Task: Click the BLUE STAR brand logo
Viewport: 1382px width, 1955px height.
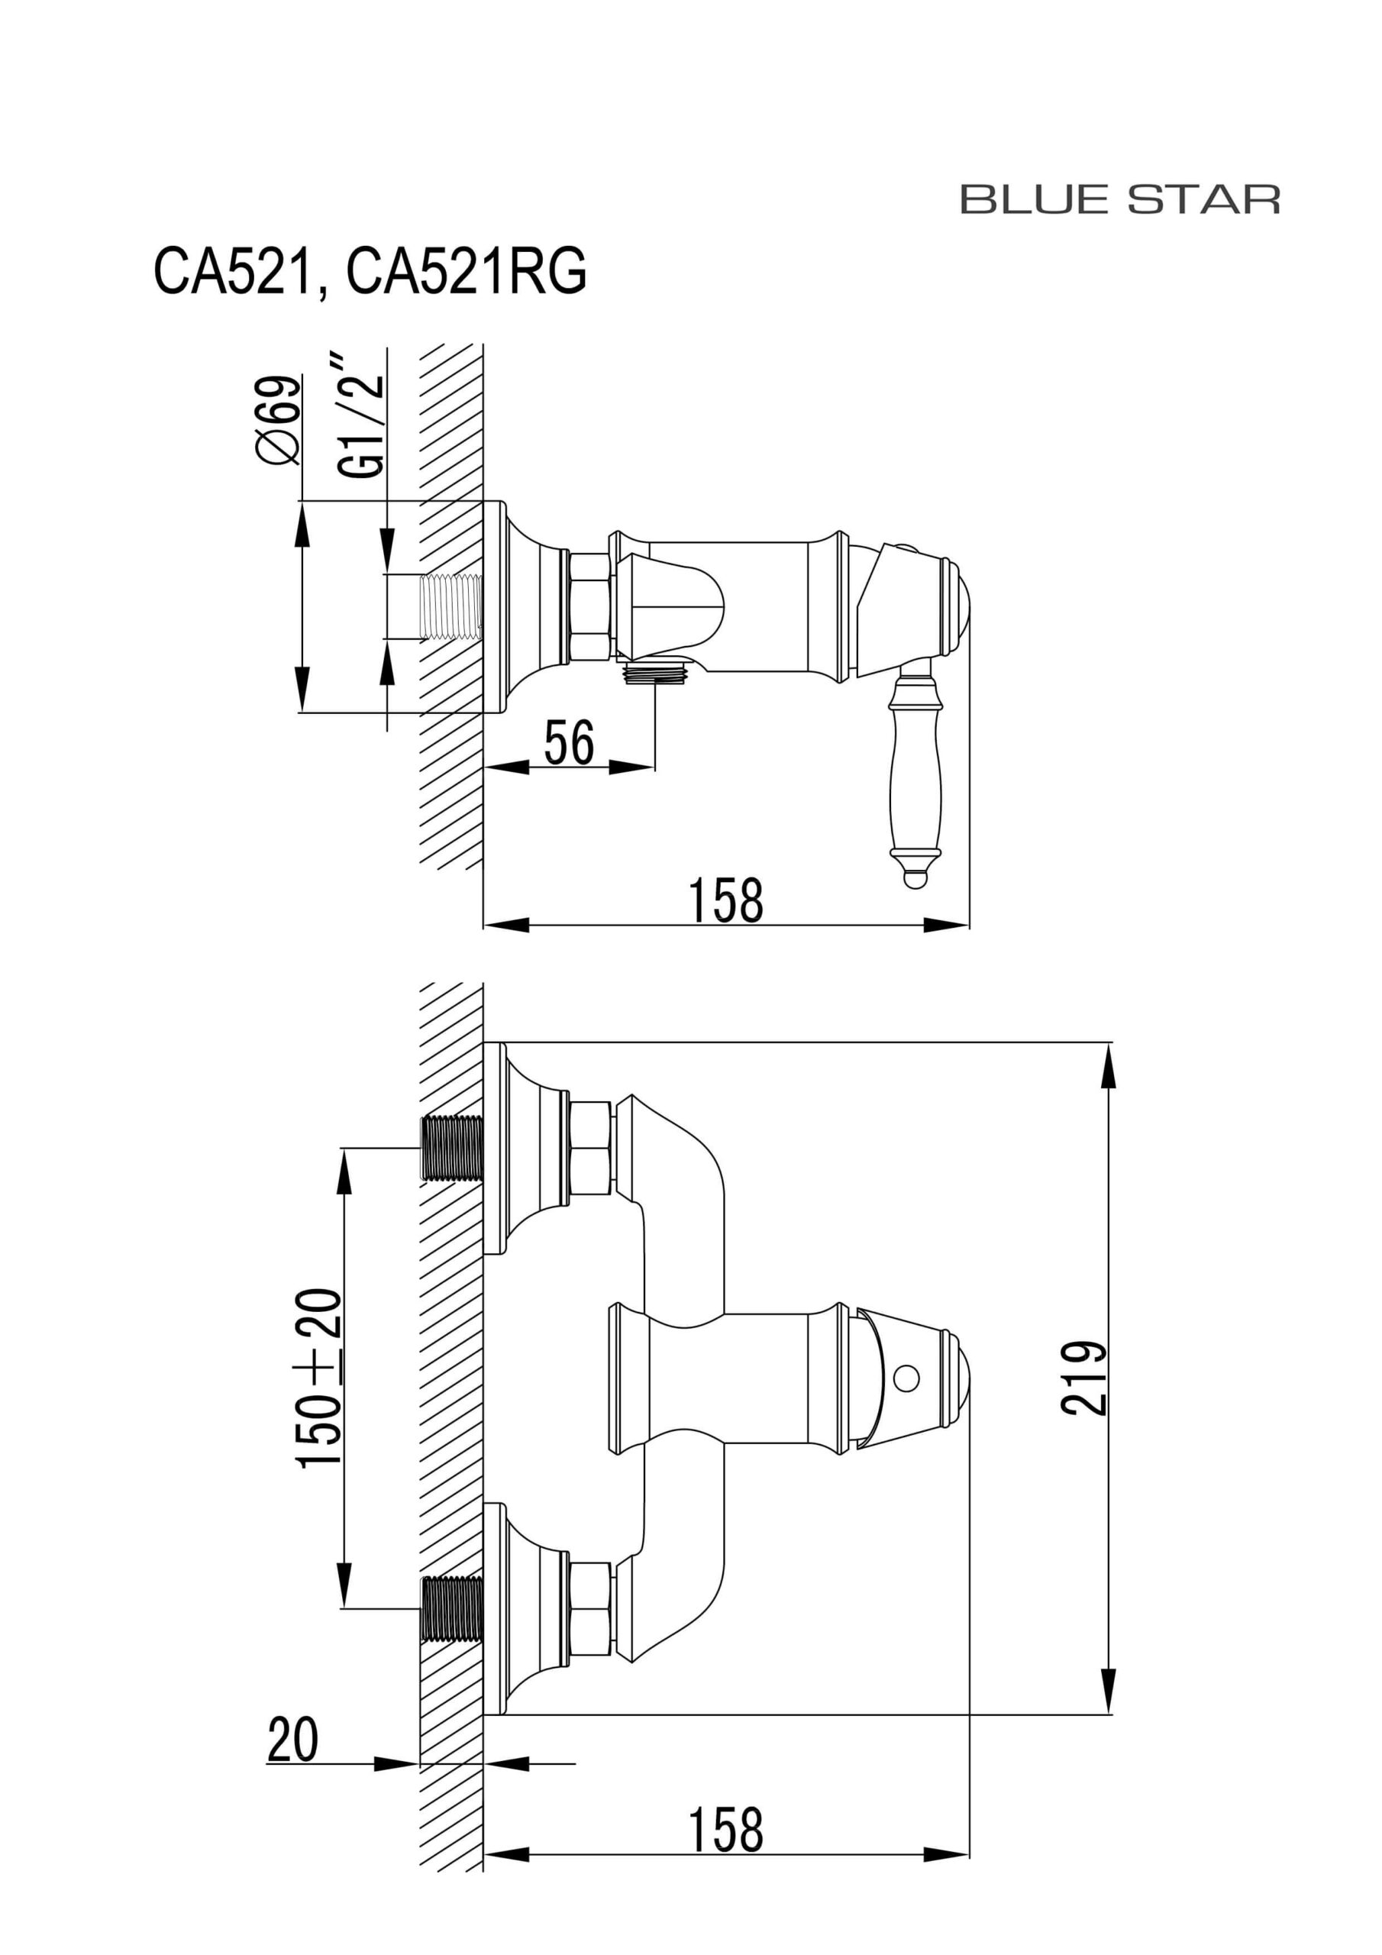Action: click(x=1120, y=199)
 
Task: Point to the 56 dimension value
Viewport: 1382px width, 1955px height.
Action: click(x=569, y=742)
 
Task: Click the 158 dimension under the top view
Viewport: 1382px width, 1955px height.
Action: click(x=725, y=901)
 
